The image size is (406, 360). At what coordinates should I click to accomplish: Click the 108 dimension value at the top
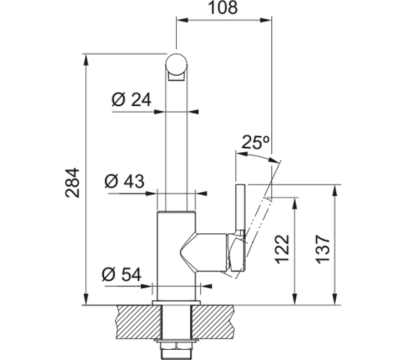point(223,7)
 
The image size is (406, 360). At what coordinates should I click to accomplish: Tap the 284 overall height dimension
point(72,183)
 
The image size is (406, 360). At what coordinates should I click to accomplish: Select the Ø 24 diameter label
point(131,99)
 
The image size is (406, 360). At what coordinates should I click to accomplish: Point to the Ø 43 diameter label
point(125,181)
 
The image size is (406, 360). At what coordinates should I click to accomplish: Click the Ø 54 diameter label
point(122,274)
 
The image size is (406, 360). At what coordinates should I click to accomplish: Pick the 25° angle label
point(255,142)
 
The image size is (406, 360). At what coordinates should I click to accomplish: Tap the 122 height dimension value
point(282,250)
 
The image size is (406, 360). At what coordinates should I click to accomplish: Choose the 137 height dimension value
point(323,250)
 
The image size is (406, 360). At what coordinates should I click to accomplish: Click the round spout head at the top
point(177,64)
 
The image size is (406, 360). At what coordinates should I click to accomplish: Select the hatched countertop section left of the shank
point(139,322)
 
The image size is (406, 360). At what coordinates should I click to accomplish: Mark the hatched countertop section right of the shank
point(213,322)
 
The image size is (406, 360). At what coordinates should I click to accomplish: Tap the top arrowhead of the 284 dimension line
point(86,60)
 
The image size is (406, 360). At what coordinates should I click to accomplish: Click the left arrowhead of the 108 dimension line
point(183,20)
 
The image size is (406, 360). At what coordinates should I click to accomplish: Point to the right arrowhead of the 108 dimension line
point(265,20)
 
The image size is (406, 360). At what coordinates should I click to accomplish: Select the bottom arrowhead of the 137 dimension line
point(335,299)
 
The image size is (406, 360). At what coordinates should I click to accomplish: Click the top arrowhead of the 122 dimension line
point(294,204)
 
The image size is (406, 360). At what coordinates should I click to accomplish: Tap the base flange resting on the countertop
point(177,302)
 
